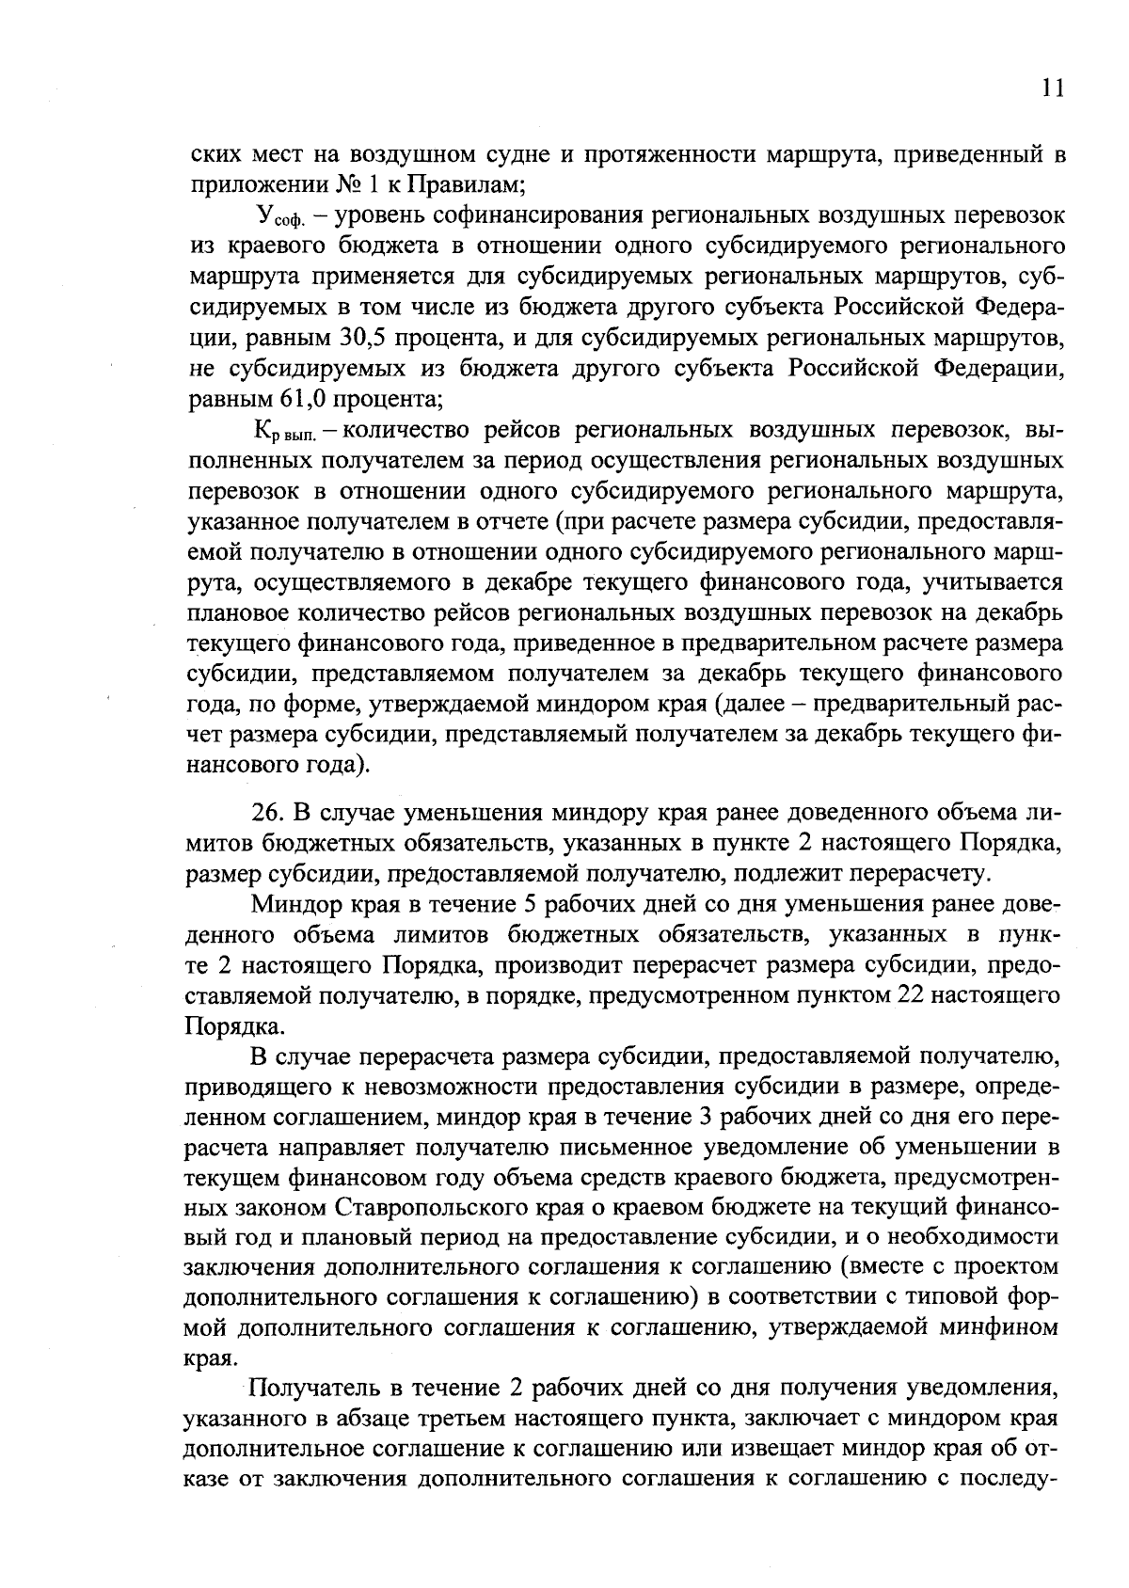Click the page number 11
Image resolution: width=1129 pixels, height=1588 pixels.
[1052, 87]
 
